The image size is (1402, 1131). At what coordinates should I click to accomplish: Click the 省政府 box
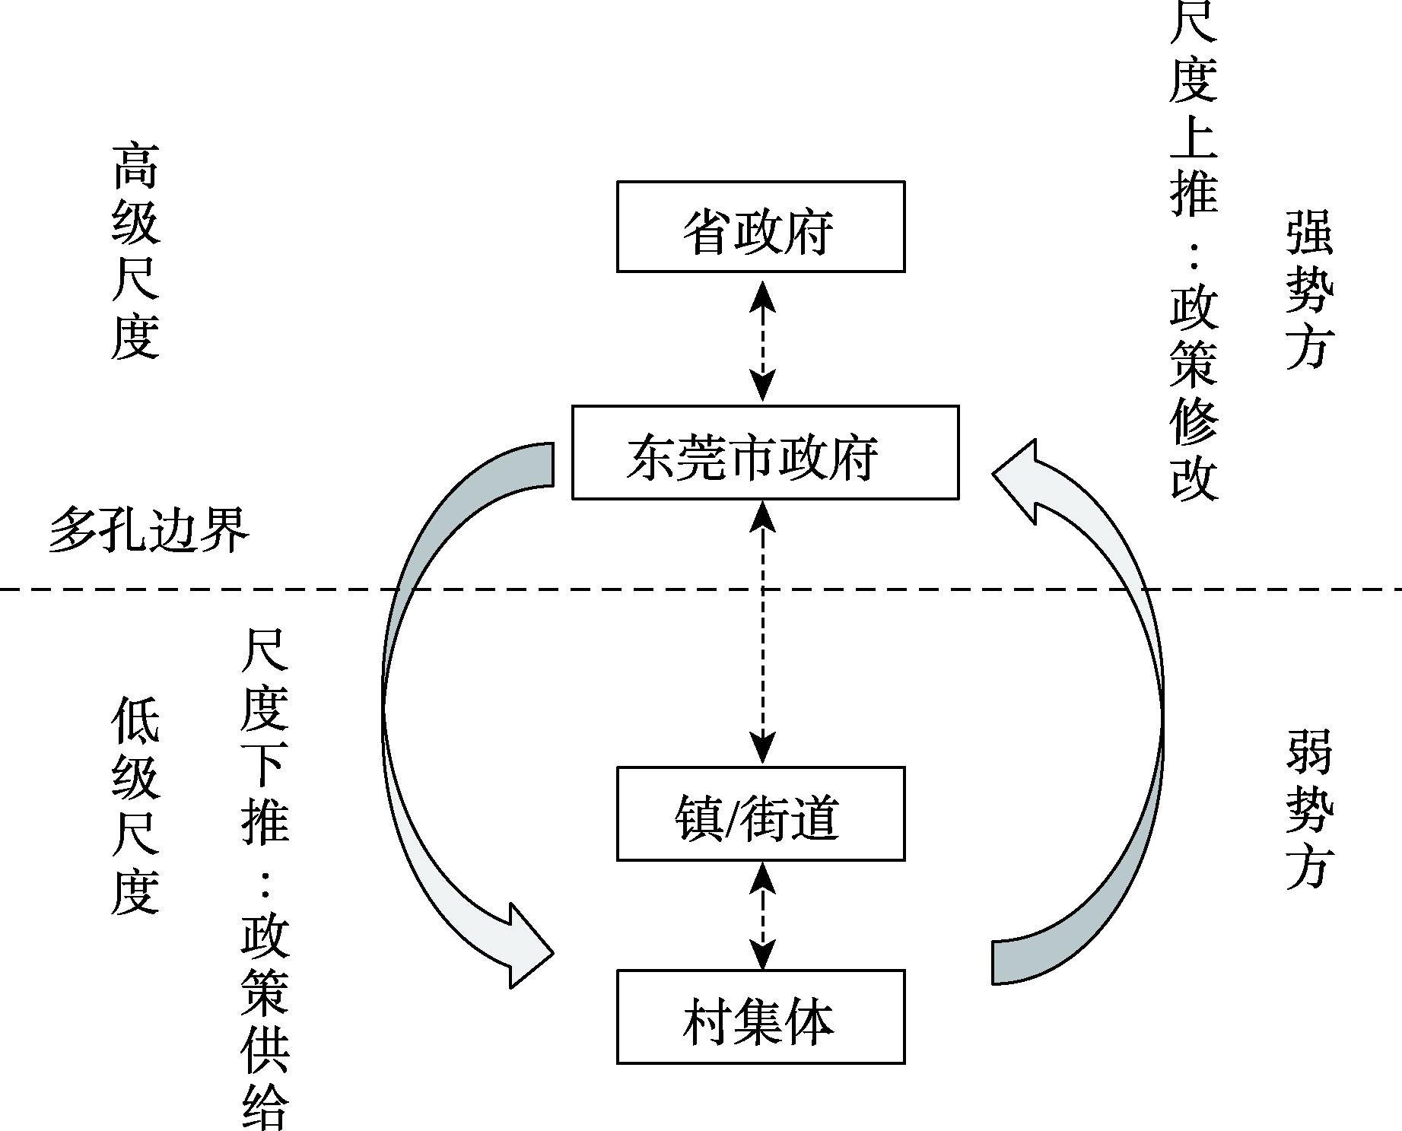pos(760,226)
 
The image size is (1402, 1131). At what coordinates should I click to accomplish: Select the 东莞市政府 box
pos(765,452)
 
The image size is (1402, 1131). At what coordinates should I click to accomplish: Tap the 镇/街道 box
pos(760,813)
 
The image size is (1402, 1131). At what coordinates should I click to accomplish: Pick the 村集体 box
pos(760,1016)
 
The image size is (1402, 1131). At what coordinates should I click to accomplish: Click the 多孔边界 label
pos(149,529)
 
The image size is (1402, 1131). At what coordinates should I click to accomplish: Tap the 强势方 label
pos(1309,289)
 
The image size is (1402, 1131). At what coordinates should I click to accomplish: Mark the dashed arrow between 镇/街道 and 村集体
pos(762,915)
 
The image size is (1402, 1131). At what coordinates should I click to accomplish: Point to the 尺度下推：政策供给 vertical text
pos(265,875)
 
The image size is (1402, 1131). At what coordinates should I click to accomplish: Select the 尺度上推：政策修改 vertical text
pos(1194,251)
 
